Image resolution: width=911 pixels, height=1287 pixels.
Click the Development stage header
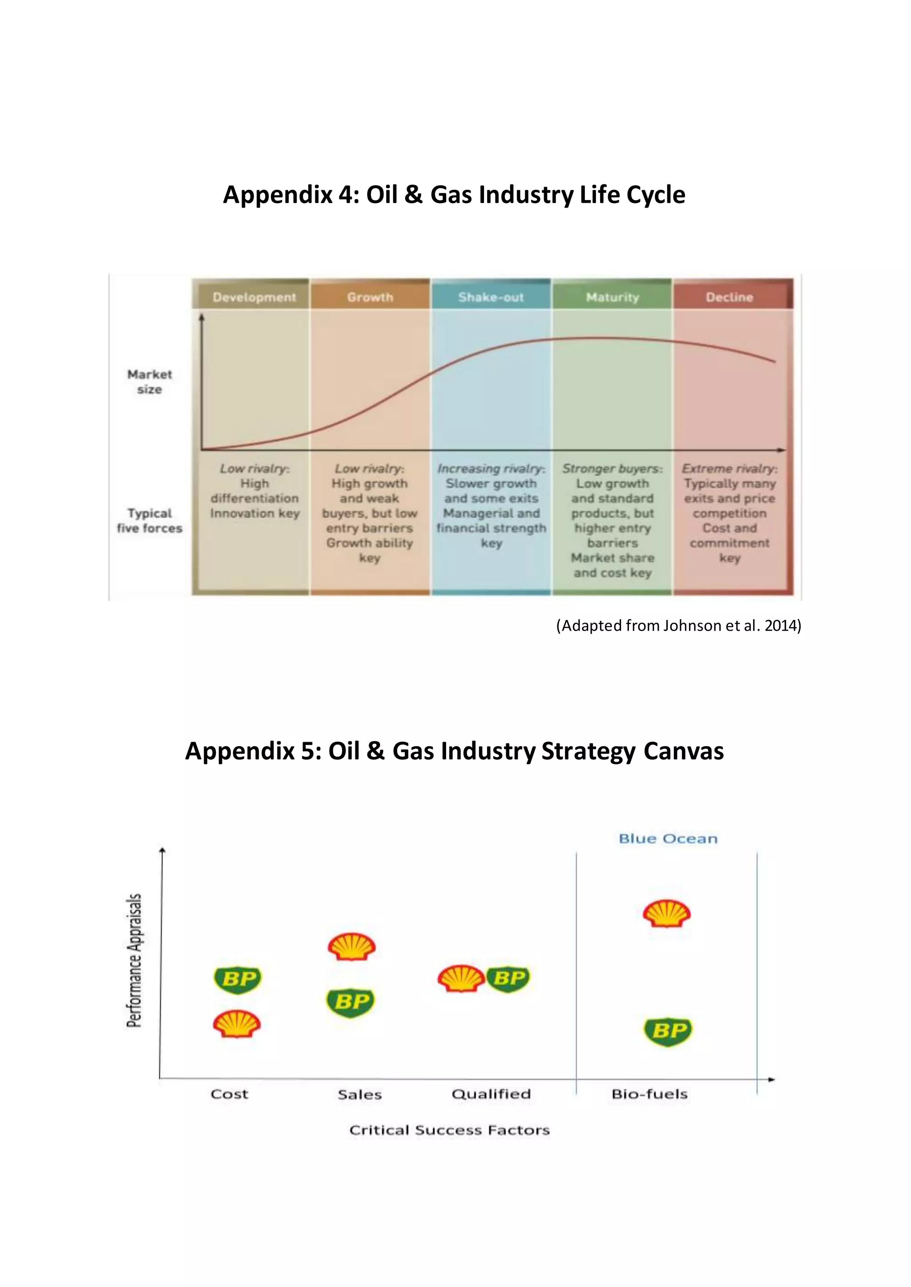point(254,297)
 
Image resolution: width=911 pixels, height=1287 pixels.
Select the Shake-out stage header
point(491,297)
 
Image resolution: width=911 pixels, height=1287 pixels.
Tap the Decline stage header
point(729,297)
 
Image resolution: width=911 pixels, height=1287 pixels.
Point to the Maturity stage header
point(613,297)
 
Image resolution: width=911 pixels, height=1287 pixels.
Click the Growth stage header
point(370,297)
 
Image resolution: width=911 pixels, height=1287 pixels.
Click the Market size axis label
point(149,382)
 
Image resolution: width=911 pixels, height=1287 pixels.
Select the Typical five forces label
point(149,521)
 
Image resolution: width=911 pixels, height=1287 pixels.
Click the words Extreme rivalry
point(729,468)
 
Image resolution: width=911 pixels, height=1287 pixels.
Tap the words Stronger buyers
point(613,468)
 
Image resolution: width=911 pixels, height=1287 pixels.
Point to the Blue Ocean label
point(668,839)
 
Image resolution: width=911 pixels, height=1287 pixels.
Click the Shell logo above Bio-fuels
point(666,914)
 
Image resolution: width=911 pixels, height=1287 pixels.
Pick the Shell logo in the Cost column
point(237,1024)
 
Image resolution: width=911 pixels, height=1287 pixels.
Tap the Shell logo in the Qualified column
point(460,979)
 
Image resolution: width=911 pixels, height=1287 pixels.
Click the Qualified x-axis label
point(491,1094)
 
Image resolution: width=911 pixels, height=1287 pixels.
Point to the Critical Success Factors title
point(449,1130)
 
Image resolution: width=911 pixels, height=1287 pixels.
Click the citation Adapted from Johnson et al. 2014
point(679,626)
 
